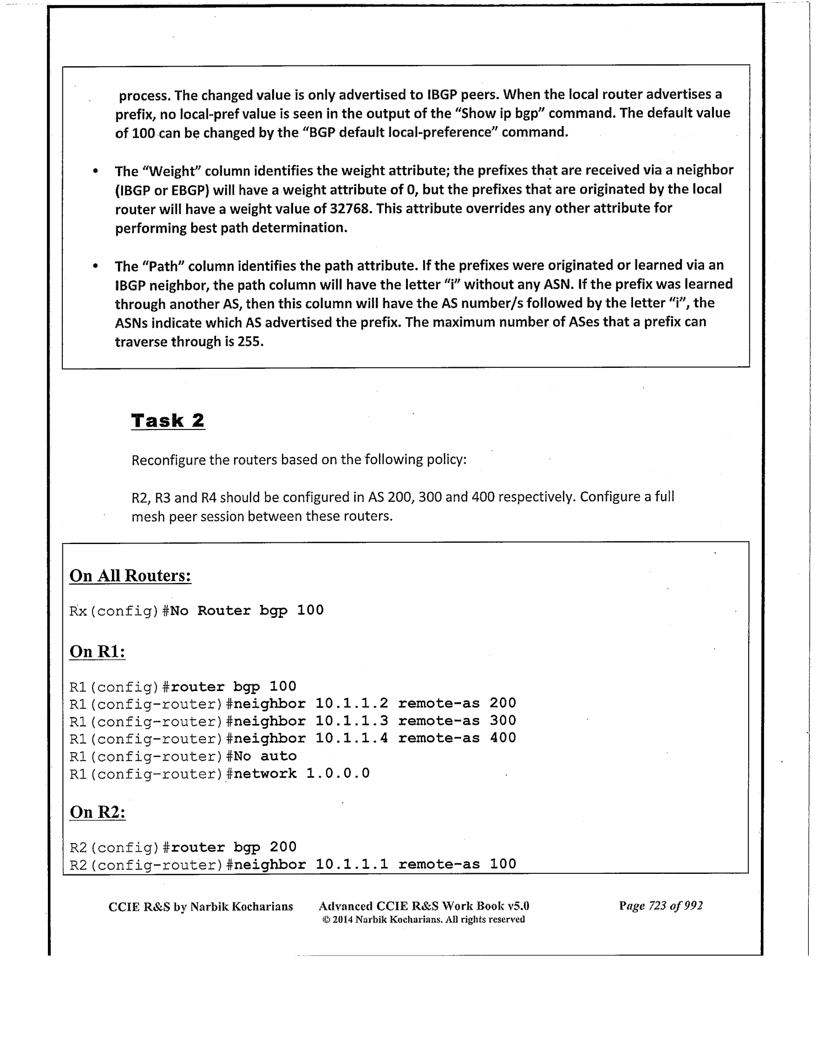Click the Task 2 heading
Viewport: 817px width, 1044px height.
pos(168,421)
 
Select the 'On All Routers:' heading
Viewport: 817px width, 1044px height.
pos(130,575)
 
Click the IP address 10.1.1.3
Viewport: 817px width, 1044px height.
pos(351,721)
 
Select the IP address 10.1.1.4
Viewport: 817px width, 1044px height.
pos(351,738)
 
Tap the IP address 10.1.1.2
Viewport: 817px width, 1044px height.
pos(351,703)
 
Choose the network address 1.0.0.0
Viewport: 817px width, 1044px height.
pos(338,774)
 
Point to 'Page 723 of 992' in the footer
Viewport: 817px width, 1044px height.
pos(661,906)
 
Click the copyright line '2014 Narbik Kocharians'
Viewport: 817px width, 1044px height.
pos(423,920)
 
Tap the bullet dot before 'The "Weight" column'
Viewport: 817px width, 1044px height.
pos(96,171)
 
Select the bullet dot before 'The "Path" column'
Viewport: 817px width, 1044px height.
pos(96,267)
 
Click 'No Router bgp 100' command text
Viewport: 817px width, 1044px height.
pos(246,611)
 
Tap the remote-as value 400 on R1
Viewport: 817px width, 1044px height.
pos(503,738)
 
